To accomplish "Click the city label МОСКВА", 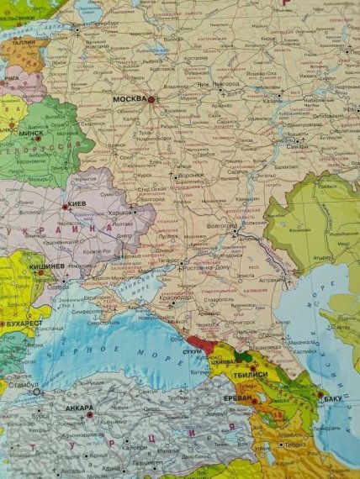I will [x=130, y=99].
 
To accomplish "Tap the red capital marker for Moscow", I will [x=152, y=100].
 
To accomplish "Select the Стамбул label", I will [x=24, y=391].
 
